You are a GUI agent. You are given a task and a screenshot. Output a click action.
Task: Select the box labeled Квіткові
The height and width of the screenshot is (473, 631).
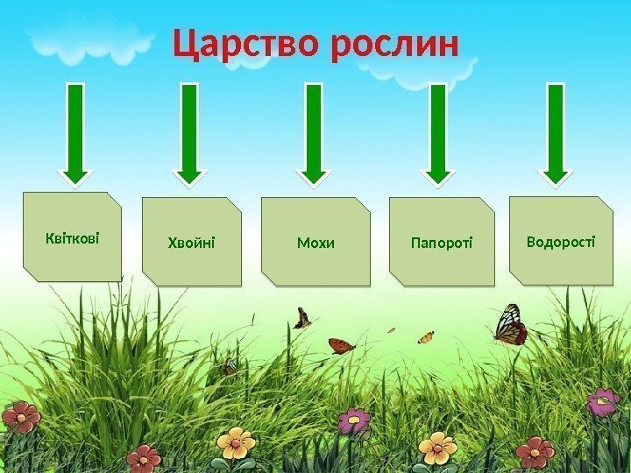click(x=72, y=236)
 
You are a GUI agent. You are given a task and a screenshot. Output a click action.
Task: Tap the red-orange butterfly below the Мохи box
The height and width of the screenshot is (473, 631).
click(x=341, y=346)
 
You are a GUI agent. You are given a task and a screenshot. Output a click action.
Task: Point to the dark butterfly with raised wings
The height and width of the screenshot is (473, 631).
click(x=302, y=317)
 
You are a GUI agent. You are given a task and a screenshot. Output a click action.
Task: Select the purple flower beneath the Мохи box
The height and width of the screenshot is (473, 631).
click(x=353, y=420)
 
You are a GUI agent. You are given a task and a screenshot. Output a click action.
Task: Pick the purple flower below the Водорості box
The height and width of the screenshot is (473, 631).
click(x=603, y=402)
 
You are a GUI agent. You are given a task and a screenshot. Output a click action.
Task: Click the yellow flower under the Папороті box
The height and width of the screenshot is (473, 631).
click(x=436, y=448)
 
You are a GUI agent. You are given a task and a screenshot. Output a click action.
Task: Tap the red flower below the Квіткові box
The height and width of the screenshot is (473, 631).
click(x=19, y=417)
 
